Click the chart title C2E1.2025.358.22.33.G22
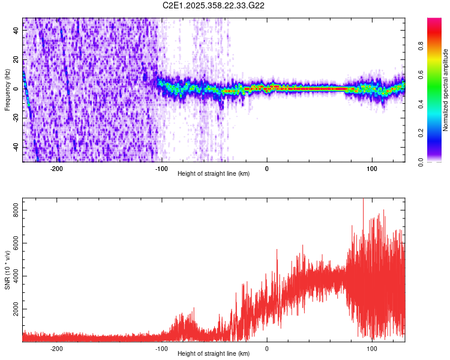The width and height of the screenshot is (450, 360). tap(214, 5)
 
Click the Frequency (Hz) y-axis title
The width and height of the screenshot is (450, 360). tap(7, 90)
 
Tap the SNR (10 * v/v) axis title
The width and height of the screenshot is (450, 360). tap(7, 270)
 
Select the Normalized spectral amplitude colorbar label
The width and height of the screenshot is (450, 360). tap(446, 90)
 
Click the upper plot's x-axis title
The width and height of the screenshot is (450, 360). tap(214, 173)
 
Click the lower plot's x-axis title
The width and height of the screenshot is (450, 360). tap(214, 353)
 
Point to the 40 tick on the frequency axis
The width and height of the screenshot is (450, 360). tap(16, 31)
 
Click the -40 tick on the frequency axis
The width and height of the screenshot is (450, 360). tap(15, 148)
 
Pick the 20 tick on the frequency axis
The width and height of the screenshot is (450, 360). tap(16, 60)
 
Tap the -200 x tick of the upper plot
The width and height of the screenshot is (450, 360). tap(57, 169)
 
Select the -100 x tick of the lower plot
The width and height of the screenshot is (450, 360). tap(161, 349)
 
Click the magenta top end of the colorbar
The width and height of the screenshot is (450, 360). tap(434, 20)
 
